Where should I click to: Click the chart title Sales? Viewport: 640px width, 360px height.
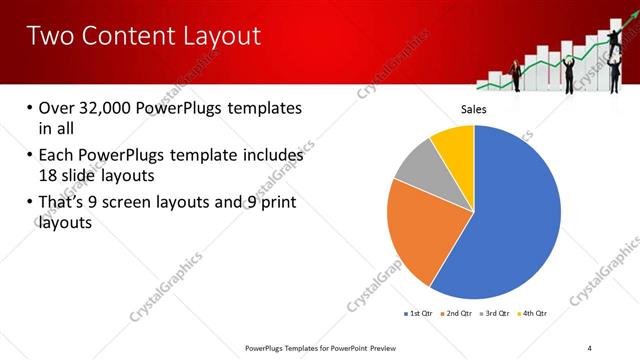(473, 109)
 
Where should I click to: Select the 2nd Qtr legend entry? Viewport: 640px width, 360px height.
(458, 313)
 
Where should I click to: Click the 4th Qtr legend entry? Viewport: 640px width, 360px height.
(535, 313)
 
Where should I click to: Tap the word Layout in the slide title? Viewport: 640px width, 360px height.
(215, 36)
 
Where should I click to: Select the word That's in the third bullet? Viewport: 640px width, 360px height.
(62, 203)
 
